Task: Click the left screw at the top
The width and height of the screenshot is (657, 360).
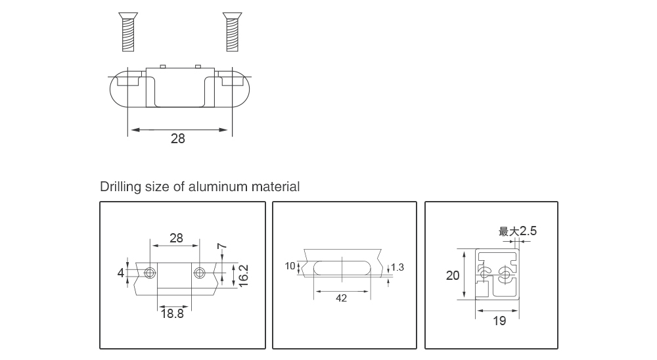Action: (x=128, y=32)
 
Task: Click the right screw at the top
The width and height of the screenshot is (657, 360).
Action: (x=231, y=32)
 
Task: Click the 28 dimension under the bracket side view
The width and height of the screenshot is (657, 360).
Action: (x=178, y=139)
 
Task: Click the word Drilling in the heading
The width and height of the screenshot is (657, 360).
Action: (x=120, y=187)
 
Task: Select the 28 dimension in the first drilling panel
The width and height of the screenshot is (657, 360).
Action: (x=176, y=238)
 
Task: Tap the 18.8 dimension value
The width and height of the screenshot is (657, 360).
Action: (x=172, y=314)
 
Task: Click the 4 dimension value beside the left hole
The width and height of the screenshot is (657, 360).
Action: (x=121, y=273)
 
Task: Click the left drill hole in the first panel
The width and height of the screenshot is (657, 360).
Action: (x=150, y=273)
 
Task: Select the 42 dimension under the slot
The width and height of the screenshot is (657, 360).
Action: (x=341, y=298)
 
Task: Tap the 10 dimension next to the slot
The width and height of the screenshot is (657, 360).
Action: (x=290, y=266)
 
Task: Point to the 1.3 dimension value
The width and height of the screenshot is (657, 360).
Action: (x=397, y=267)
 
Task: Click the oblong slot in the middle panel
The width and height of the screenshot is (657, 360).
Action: (x=342, y=268)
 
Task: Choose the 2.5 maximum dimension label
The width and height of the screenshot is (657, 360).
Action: (x=528, y=231)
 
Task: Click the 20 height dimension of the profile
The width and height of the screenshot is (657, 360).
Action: (x=453, y=275)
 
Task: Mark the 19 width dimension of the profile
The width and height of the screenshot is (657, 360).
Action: (x=499, y=321)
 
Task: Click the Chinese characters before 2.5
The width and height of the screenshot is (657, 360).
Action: (x=509, y=231)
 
